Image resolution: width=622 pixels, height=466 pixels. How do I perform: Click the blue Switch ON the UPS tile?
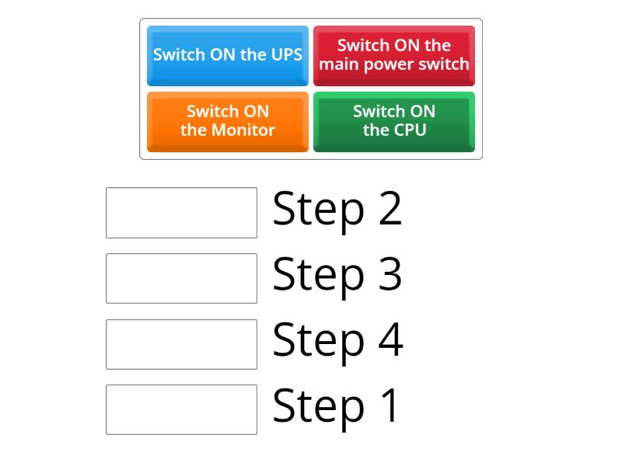pos(228,55)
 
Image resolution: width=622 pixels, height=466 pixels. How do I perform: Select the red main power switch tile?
pos(394,55)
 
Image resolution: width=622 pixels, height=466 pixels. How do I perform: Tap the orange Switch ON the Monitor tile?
pos(228,121)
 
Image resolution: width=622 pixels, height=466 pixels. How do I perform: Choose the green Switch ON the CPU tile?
pos(394,121)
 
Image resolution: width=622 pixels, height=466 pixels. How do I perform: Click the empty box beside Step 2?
pos(181,212)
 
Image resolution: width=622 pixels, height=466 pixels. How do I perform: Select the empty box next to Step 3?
pos(181,278)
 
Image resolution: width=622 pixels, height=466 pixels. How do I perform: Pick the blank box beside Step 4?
pos(181,344)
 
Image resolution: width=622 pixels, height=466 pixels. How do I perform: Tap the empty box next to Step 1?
pos(181,409)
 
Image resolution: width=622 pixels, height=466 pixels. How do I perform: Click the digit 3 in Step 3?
pos(390,274)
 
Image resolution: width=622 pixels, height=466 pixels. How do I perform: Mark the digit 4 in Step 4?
pos(390,340)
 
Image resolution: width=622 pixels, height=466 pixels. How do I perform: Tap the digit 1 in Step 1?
pos(389,405)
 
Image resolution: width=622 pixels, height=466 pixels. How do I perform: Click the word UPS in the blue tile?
pos(285,55)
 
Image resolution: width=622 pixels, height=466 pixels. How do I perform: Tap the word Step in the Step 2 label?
pos(319,210)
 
